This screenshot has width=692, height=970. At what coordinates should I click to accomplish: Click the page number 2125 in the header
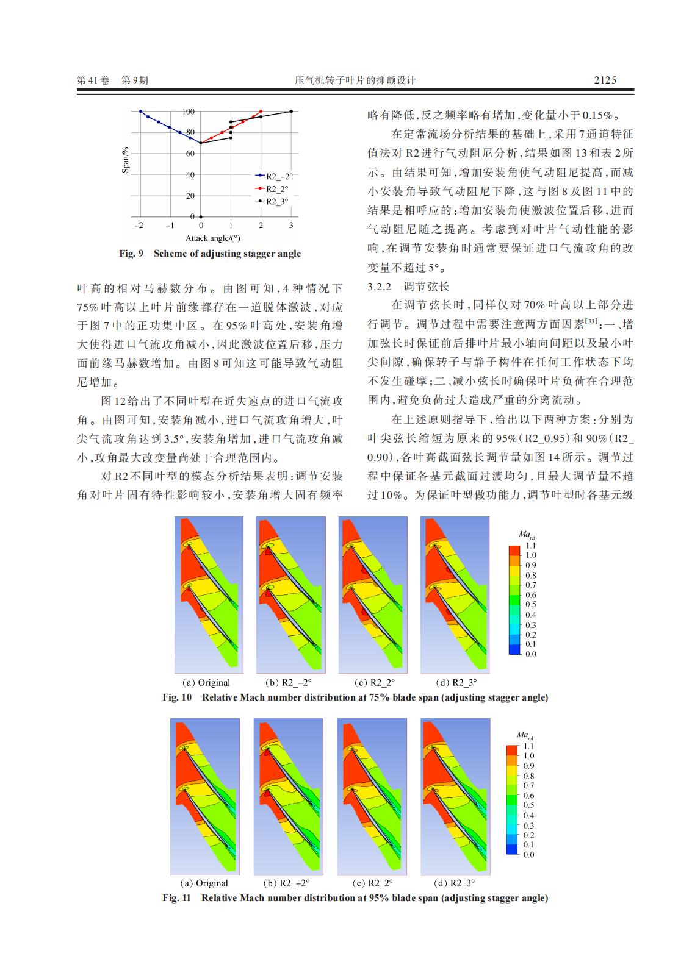pos(605,80)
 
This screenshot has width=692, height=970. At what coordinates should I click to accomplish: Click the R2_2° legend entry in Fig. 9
pos(278,189)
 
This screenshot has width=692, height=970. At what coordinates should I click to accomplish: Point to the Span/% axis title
pos(126,160)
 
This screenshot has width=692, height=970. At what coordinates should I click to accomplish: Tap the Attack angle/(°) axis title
pos(212,238)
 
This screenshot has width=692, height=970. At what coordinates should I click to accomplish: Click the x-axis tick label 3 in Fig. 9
pos(291,226)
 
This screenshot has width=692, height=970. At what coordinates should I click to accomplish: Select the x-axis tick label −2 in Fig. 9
pos(139,226)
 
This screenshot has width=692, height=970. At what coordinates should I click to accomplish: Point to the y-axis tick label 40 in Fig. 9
pos(190,175)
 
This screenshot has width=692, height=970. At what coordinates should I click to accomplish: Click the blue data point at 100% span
pos(140,112)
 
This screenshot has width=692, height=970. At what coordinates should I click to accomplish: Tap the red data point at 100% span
pos(261,112)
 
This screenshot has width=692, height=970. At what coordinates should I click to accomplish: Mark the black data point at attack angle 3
pos(291,112)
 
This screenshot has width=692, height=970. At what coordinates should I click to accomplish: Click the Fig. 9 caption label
pos(131,254)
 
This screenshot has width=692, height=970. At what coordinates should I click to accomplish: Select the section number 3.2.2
pos(381,287)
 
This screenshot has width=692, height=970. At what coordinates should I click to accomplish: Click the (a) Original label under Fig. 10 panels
pos(206,683)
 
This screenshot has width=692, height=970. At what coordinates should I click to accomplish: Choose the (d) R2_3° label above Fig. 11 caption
pos(454,883)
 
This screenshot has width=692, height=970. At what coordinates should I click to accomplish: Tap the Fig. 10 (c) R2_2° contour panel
pos(373,594)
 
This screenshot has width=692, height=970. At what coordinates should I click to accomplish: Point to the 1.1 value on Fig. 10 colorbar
pos(531,546)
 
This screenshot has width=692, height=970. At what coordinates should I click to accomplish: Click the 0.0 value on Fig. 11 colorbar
pos(528,854)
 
